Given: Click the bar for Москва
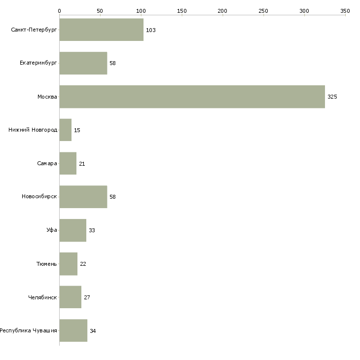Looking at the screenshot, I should [192, 97].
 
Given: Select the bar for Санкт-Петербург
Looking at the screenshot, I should [101, 30].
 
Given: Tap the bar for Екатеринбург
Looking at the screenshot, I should [83, 63].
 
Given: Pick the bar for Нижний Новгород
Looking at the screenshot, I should [65, 130].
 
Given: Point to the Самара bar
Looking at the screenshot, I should [68, 163].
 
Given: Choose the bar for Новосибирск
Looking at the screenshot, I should [83, 197].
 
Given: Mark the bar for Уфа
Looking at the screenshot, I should [72, 230].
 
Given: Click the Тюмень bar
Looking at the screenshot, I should [68, 264].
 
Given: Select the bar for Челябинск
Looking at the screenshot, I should [70, 297].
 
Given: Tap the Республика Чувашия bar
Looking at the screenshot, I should [73, 330].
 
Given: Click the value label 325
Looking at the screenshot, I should [332, 97].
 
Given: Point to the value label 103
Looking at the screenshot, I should [150, 30].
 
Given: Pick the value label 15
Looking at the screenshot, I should [77, 130].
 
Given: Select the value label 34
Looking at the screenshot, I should [93, 331].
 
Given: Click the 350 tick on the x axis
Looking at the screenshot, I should [345, 10].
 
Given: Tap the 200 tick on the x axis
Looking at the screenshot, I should [222, 10].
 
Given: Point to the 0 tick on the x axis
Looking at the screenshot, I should [59, 10].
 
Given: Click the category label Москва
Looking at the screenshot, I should [47, 97].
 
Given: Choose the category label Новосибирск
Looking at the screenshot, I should [39, 197].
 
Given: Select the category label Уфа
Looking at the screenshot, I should [52, 230].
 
